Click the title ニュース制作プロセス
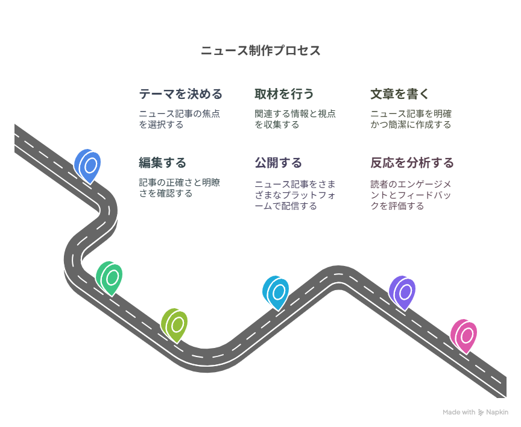pos(260,51)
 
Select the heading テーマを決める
pos(180,94)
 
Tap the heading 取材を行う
pos(284,94)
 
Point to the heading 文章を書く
pos(400,94)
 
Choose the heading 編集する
pos(162,163)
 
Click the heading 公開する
pos(279,163)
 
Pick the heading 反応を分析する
pos(412,163)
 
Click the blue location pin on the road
pos(87,166)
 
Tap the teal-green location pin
pos(109,278)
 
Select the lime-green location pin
pos(174,325)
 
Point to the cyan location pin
pos(276,293)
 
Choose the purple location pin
pos(402,293)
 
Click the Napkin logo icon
pos(481,413)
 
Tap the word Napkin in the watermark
pos(497,413)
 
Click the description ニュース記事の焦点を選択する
pos(180,119)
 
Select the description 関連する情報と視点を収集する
pos(295,119)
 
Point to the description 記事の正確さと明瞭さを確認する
pos(180,188)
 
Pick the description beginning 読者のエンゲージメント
pos(411,195)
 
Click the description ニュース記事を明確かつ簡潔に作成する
pos(411,119)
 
